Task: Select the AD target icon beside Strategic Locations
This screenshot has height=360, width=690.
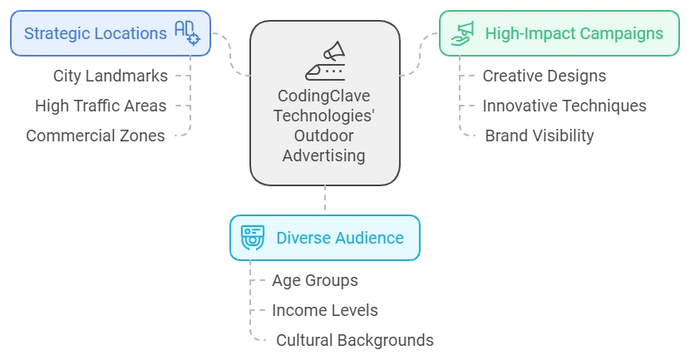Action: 187,33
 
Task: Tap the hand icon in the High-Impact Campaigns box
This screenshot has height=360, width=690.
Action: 461,34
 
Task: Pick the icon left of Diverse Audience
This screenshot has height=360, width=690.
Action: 252,238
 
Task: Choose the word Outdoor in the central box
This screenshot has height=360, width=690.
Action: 324,136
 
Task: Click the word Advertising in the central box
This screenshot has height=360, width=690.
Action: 324,155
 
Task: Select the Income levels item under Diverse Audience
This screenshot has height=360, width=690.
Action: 325,310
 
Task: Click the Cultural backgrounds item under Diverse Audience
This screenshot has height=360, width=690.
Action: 354,339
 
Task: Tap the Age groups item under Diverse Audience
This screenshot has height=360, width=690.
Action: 315,280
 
